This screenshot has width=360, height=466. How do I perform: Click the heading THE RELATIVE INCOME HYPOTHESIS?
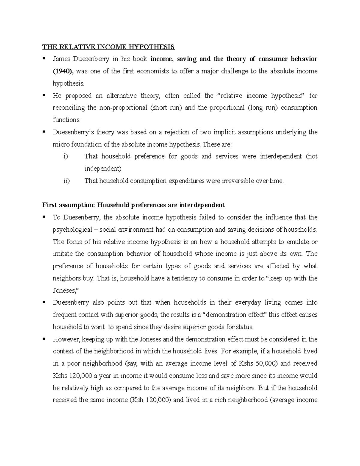click(x=108, y=47)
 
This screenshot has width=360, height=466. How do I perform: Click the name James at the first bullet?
click(x=61, y=59)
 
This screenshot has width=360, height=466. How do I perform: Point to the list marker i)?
click(x=66, y=156)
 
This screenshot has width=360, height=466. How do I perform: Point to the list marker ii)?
click(x=67, y=181)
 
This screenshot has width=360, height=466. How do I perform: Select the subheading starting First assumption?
click(x=133, y=205)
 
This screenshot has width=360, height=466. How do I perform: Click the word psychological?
click(x=72, y=230)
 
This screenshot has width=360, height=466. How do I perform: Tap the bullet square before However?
click(x=44, y=339)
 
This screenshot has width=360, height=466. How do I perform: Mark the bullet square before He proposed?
click(x=44, y=95)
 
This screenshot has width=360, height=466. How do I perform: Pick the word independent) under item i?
click(x=103, y=169)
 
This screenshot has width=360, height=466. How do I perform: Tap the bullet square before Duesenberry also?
click(x=44, y=302)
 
